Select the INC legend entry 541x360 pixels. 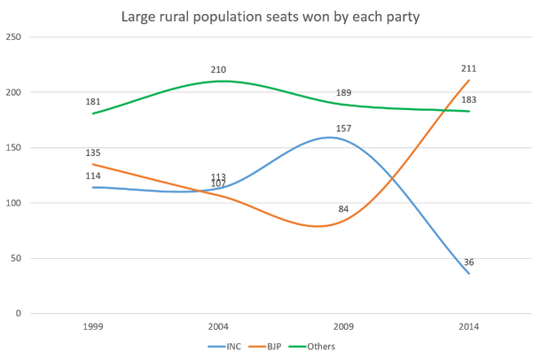tap(231, 346)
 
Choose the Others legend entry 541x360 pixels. tap(321, 346)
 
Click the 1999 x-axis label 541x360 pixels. tap(93, 326)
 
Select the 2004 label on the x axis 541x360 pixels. tap(218, 326)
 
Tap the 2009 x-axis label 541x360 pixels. tap(343, 326)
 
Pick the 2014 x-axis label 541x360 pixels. tap(468, 326)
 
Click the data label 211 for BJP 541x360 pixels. tap(469, 68)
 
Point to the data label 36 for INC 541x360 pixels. tap(468, 262)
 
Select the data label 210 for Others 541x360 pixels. tap(218, 69)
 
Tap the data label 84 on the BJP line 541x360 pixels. tap(343, 209)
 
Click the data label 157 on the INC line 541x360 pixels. tap(343, 129)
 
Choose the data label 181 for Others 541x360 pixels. tap(93, 102)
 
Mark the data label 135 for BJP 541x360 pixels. tap(93, 153)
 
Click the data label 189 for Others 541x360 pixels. tap(343, 93)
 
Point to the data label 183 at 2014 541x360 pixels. tap(469, 99)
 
